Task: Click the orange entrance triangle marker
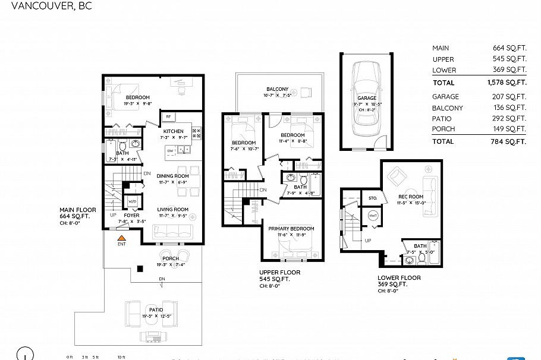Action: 122,237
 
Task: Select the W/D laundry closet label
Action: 133,201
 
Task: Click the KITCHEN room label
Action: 174,131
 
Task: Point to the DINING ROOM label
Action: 172,176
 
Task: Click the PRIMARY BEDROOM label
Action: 291,229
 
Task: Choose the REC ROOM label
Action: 411,197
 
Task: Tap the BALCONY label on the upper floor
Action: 277,89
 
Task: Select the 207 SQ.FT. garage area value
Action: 509,96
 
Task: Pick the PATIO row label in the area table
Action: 441,119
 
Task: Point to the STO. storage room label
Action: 373,198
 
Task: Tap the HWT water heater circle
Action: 373,216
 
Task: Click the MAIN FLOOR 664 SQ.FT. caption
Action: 74,213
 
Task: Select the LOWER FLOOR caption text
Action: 399,277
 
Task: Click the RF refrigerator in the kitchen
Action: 168,117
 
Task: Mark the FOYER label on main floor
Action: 131,215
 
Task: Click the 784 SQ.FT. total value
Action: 509,141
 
